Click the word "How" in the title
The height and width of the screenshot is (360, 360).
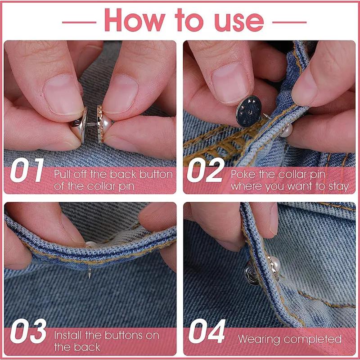pos(135,20)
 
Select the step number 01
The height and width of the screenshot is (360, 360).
pos(27,170)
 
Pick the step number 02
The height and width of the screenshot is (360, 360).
pos(206,170)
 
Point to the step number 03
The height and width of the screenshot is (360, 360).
pos(28,331)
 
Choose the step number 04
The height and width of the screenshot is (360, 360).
pos(207,331)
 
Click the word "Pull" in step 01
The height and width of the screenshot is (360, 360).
pos(63,175)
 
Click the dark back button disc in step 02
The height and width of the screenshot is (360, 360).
pos(249,112)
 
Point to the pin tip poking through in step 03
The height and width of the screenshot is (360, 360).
pos(89,273)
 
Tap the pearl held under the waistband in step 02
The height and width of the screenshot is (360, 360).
pos(287,130)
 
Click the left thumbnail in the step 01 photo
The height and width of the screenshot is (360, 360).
pos(63,95)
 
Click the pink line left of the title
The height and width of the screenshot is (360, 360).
pos(79,22)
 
